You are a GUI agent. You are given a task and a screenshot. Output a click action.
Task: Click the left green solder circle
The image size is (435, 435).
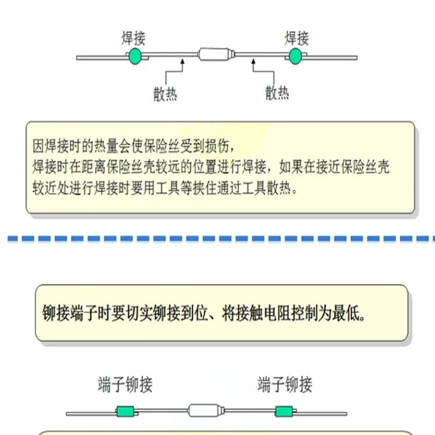click(135, 56)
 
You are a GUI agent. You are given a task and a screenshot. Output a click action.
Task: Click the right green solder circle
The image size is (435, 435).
click(295, 56)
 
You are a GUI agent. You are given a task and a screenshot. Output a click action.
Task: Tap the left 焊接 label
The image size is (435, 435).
click(133, 39)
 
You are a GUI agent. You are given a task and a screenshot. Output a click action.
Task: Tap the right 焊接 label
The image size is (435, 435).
click(297, 39)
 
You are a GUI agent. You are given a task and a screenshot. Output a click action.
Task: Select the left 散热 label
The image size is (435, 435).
click(165, 94)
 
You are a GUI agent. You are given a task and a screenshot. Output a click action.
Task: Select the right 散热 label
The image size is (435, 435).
click(277, 93)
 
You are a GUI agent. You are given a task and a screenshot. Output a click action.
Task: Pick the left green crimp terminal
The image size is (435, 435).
click(125, 411)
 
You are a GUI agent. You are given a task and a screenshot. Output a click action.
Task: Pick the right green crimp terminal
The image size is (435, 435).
click(284, 411)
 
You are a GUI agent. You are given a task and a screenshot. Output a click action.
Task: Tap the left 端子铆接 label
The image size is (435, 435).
click(125, 384)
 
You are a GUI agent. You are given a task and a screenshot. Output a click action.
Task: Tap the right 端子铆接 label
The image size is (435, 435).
click(285, 384)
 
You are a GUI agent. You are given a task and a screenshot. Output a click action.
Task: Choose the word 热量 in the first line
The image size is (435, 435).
click(106, 146)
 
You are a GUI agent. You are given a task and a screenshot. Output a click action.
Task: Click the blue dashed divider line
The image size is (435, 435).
click(221, 238)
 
